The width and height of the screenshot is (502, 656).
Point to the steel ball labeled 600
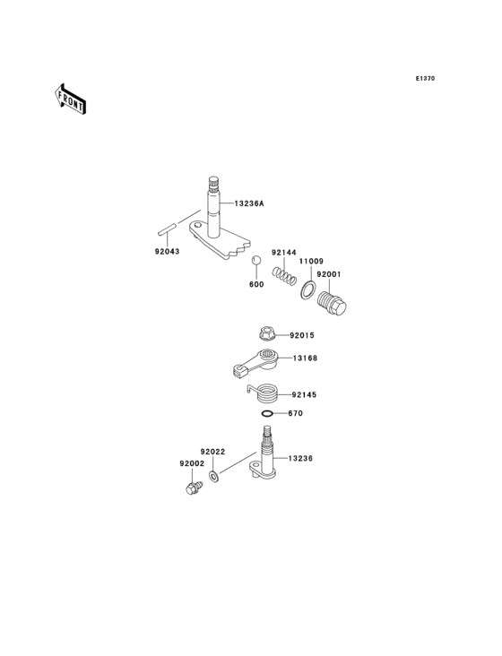pyautogui.click(x=255, y=261)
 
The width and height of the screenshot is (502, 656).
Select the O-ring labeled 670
pyautogui.click(x=268, y=414)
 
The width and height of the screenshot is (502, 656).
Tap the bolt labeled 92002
pyautogui.click(x=191, y=489)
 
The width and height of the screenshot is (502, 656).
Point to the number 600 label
pyautogui.click(x=256, y=286)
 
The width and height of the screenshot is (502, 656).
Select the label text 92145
pyautogui.click(x=304, y=394)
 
